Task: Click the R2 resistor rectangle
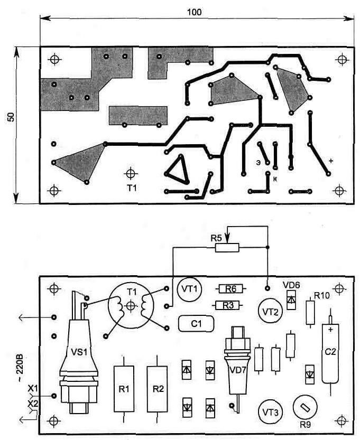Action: coord(158,389)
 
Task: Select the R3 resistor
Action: coord(228,305)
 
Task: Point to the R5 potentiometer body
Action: coord(227,247)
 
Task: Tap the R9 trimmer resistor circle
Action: coord(304,408)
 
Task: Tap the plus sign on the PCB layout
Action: coord(331,161)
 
